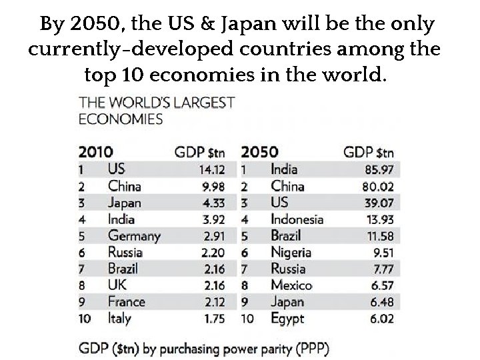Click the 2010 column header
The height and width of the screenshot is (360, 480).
click(x=96, y=151)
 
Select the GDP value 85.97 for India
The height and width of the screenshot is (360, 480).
click(x=377, y=169)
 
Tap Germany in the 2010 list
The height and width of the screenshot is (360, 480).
click(x=134, y=236)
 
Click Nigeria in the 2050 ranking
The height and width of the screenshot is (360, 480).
click(x=291, y=252)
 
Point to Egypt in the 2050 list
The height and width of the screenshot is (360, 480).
click(x=287, y=319)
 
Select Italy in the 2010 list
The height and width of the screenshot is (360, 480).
click(x=119, y=319)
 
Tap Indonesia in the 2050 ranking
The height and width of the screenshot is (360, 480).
click(x=297, y=219)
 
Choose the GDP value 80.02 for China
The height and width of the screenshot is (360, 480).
click(x=377, y=186)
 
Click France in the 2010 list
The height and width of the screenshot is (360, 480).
click(x=125, y=302)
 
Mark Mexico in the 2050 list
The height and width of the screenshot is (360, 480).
click(x=291, y=285)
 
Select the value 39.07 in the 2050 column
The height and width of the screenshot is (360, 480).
click(x=378, y=203)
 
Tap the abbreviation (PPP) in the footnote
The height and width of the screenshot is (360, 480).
click(x=311, y=348)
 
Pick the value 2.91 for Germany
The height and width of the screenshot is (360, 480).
click(x=215, y=236)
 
